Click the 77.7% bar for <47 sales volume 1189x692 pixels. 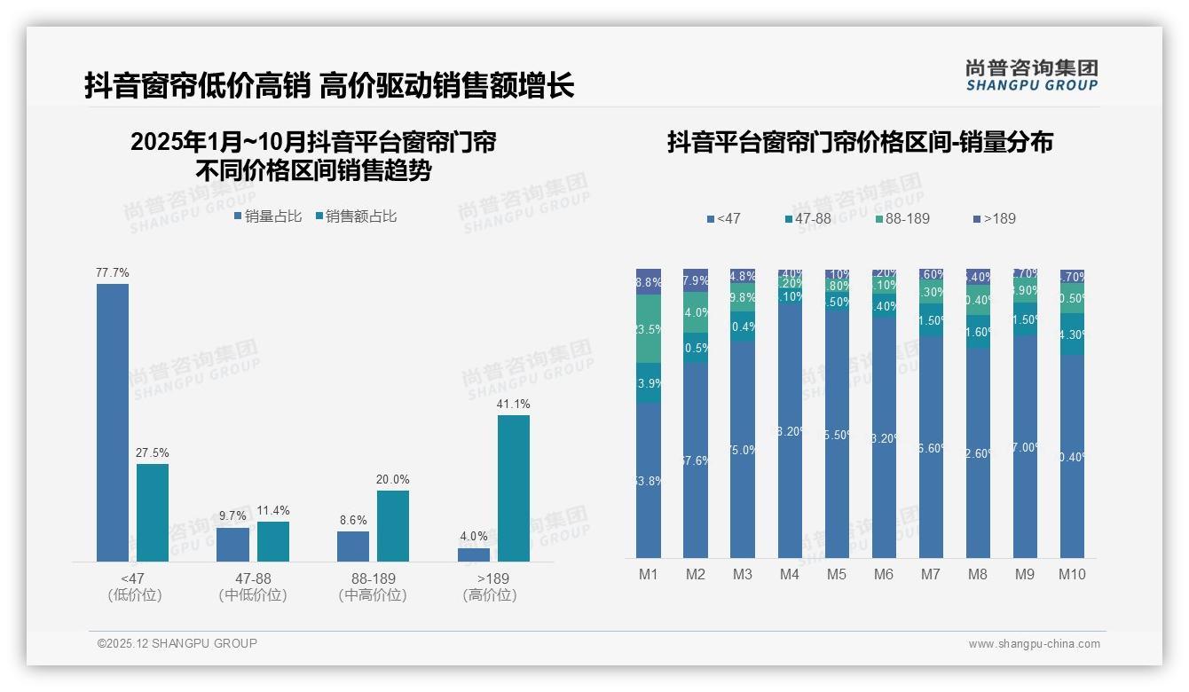tap(113, 422)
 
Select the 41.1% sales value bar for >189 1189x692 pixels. tap(513, 488)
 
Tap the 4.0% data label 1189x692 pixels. tap(474, 536)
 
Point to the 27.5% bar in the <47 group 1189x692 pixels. tap(153, 512)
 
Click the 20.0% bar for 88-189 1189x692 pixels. tap(393, 525)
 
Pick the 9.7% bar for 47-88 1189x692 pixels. tap(232, 544)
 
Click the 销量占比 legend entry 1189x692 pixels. tap(268, 216)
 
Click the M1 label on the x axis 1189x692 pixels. tap(649, 574)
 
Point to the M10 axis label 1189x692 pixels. tap(1072, 574)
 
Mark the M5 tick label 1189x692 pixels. tap(837, 574)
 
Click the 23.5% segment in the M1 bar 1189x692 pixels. tap(649, 328)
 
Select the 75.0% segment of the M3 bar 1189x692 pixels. tap(743, 450)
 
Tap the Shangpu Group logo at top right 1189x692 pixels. tap(1031, 75)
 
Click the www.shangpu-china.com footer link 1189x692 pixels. tap(1034, 643)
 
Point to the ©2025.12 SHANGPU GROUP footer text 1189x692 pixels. tap(177, 643)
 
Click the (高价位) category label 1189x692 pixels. tap(490, 595)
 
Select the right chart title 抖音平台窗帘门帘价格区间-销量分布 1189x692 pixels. tap(860, 142)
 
